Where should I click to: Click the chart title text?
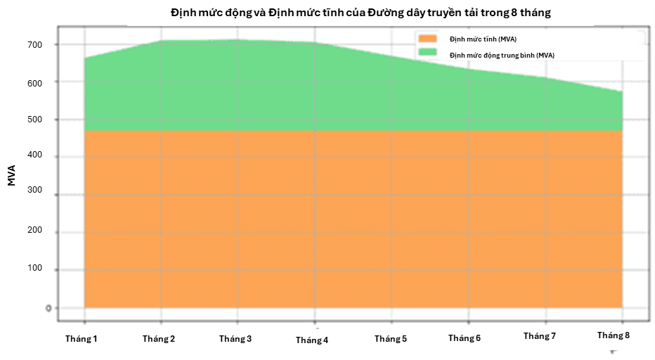tap(361, 13)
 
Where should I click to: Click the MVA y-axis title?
tap(12, 174)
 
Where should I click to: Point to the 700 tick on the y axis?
tap(35, 45)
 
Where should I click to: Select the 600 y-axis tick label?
tap(35, 82)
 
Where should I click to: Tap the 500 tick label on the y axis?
tap(35, 120)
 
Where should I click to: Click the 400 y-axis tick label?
tap(35, 157)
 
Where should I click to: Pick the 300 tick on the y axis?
tap(35, 194)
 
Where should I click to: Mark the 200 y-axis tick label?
tap(35, 231)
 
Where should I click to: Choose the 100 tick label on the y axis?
tap(35, 269)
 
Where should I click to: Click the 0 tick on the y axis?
tap(48, 307)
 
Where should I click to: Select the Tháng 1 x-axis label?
tap(82, 339)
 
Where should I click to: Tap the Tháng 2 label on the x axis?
tap(159, 339)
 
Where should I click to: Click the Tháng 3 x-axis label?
tap(235, 339)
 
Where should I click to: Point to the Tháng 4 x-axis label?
tap(312, 340)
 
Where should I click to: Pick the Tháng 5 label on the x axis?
tap(391, 339)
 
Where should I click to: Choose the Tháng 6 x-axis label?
tap(465, 338)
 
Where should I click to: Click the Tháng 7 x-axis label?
tap(540, 336)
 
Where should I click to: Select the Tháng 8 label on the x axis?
tap(614, 335)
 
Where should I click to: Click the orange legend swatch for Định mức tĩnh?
tap(427, 39)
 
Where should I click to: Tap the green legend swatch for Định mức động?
tap(427, 53)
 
